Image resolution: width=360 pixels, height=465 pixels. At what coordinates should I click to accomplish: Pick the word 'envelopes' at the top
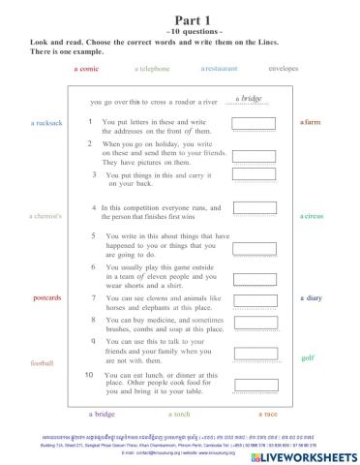tap(283, 70)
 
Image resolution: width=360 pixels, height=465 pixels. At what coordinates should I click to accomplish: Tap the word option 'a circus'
tap(312, 216)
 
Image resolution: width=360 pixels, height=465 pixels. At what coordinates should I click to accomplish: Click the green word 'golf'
tap(308, 357)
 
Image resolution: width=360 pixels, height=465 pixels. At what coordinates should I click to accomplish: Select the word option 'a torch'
tap(179, 414)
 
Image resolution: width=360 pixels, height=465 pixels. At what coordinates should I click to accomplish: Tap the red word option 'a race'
tap(268, 414)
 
